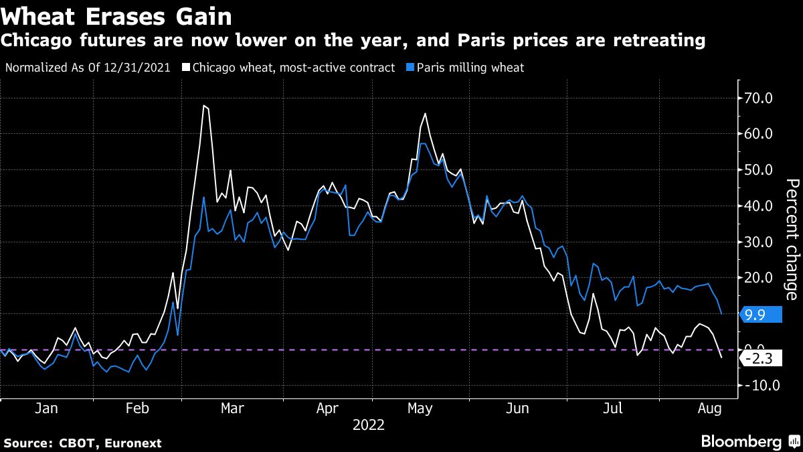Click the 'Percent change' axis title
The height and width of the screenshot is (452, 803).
point(791,239)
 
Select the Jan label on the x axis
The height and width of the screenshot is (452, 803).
point(46,408)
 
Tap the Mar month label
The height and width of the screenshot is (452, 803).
point(232,408)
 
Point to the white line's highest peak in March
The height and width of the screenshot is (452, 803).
point(204,106)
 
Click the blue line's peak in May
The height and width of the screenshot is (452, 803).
point(423,143)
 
